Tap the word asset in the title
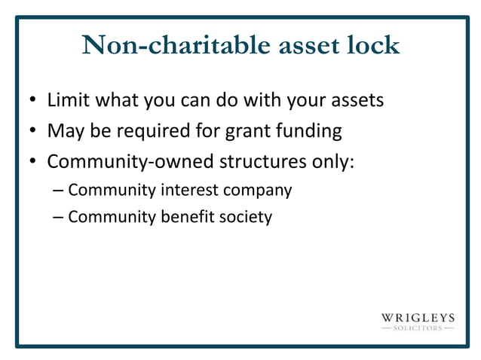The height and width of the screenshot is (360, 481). [x=298, y=45]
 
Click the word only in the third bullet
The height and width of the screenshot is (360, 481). [x=332, y=162]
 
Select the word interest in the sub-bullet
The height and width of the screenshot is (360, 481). [x=189, y=190]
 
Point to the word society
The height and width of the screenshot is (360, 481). [x=246, y=218]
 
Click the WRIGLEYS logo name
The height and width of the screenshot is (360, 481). [x=417, y=317]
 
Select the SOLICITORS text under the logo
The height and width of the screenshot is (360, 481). [x=417, y=329]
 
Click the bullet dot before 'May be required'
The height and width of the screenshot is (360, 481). [x=33, y=132]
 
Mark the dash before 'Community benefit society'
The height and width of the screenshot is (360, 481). [x=59, y=217]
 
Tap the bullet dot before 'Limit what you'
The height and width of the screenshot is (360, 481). [x=33, y=100]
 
